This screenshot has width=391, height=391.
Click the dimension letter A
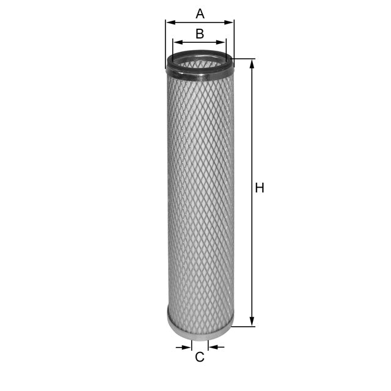point(199,13)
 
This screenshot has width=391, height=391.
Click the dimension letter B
point(199,34)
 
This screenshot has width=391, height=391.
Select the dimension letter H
point(260,188)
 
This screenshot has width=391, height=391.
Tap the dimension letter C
point(199,357)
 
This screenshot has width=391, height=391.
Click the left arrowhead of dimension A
point(169,22)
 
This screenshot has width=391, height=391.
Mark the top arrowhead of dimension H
point(252,63)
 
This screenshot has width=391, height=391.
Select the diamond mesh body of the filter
point(200,195)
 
